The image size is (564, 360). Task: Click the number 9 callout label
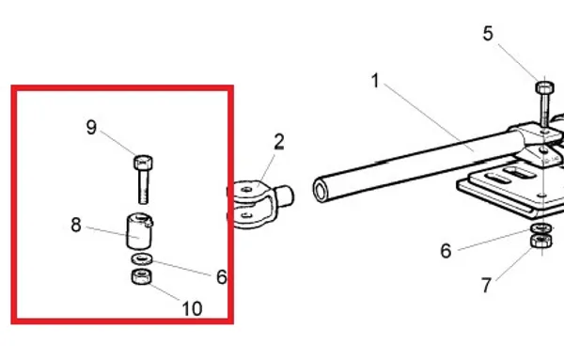(92, 127)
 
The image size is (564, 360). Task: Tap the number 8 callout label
(76, 226)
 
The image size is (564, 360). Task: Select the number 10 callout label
(192, 308)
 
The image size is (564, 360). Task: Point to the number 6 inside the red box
(222, 277)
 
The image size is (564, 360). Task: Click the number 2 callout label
(279, 142)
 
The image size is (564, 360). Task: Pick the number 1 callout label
(375, 81)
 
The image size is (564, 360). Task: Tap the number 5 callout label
(488, 34)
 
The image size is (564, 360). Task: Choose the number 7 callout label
(486, 285)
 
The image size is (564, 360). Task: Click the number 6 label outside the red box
(446, 251)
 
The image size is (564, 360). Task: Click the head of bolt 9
(143, 163)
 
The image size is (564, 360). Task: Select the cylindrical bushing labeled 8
(139, 231)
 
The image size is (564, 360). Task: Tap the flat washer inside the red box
(142, 258)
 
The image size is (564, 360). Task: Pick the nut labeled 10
(141, 276)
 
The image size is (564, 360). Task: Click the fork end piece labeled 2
(259, 203)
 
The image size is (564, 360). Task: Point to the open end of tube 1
(321, 190)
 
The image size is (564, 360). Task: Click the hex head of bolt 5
(544, 87)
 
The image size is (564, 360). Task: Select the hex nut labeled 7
(541, 241)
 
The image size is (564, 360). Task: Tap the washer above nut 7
(541, 227)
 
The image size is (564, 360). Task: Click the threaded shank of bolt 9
(143, 187)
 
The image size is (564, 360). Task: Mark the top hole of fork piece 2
(246, 189)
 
